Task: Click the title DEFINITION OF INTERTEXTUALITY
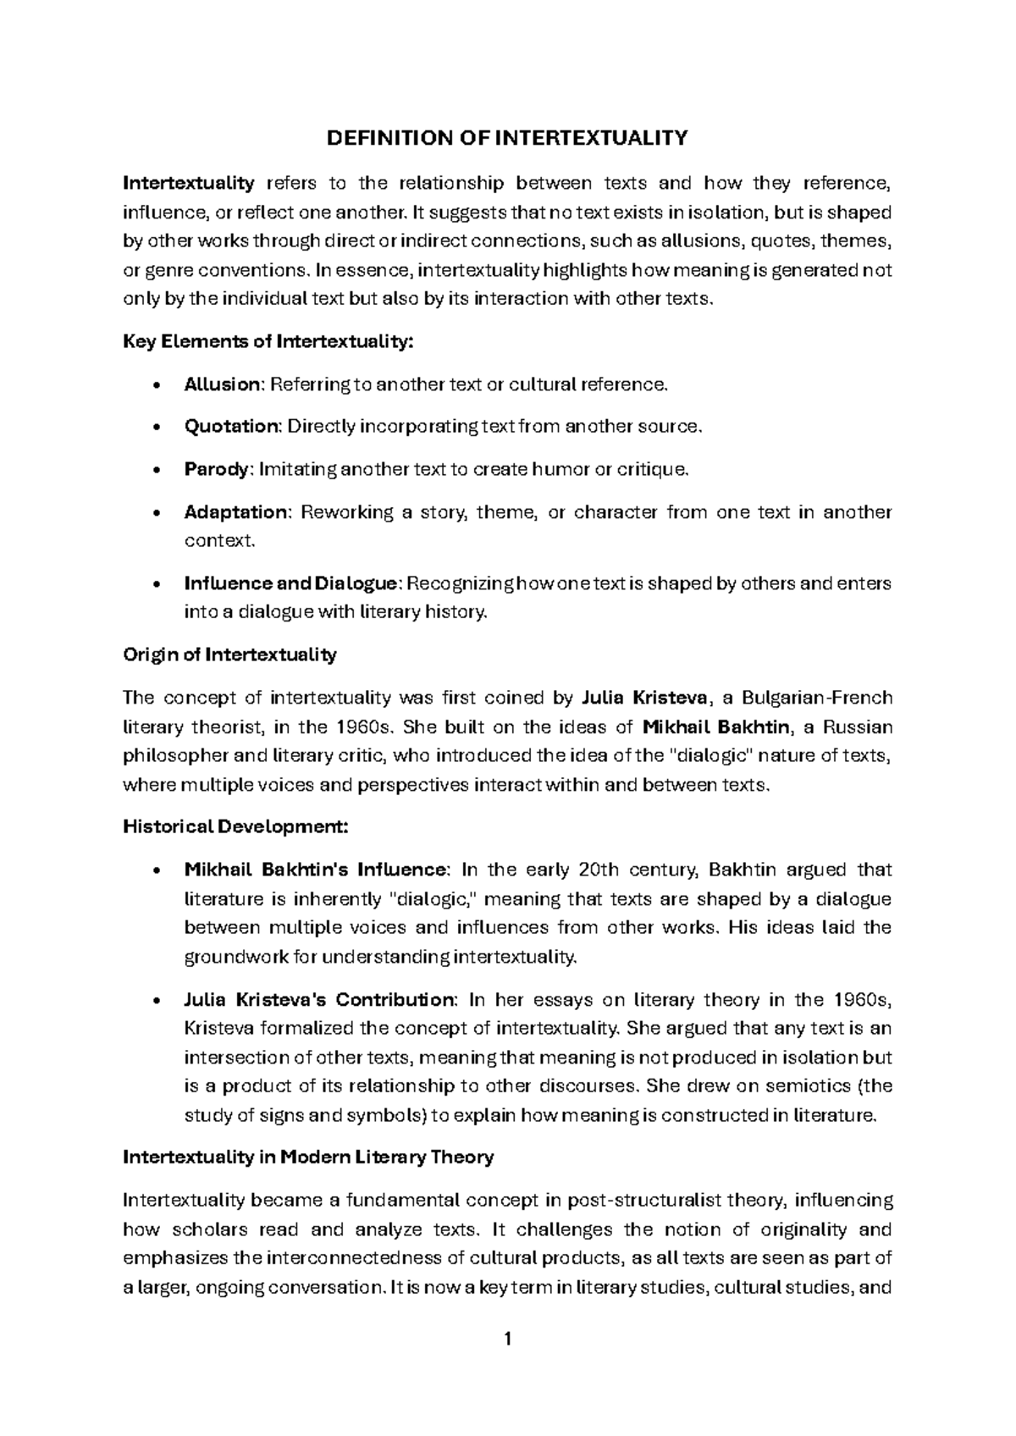[507, 138]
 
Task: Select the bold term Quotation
[231, 427]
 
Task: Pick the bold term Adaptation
[236, 512]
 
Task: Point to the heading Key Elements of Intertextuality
[268, 341]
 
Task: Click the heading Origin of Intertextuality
[229, 654]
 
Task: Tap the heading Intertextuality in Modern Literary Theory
[308, 1157]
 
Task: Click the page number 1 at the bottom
[507, 1339]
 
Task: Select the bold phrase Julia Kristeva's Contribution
[319, 1000]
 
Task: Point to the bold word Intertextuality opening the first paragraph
[188, 183]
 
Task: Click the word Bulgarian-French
[816, 698]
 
